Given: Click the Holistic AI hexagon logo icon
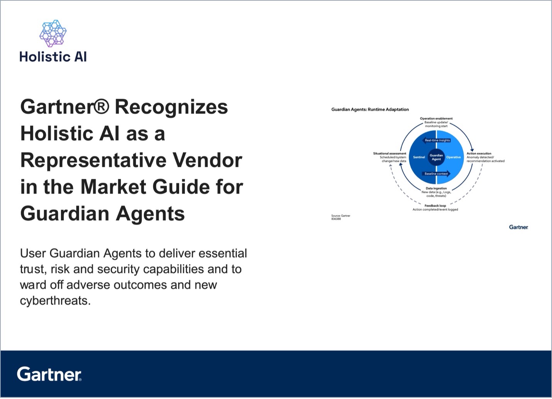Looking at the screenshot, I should (53, 33).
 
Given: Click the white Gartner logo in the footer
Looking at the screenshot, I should (49, 374).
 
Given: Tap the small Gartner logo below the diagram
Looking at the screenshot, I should (518, 227).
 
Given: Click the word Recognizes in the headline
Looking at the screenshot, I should (171, 107).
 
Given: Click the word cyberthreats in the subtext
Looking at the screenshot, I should (55, 301).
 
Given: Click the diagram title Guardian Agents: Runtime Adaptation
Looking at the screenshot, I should (370, 109).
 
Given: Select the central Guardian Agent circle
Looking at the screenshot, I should (436, 157).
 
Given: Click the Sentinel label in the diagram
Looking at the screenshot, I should (419, 157).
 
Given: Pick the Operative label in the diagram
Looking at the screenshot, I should (454, 157).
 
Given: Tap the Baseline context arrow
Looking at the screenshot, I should (436, 174).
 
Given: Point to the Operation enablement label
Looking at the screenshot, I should (436, 119).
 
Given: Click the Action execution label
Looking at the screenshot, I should (479, 153).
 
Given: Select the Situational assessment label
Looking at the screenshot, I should (389, 153).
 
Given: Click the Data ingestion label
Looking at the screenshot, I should (436, 189).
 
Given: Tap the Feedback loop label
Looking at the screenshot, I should (435, 206).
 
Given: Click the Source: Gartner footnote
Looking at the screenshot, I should (340, 216).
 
